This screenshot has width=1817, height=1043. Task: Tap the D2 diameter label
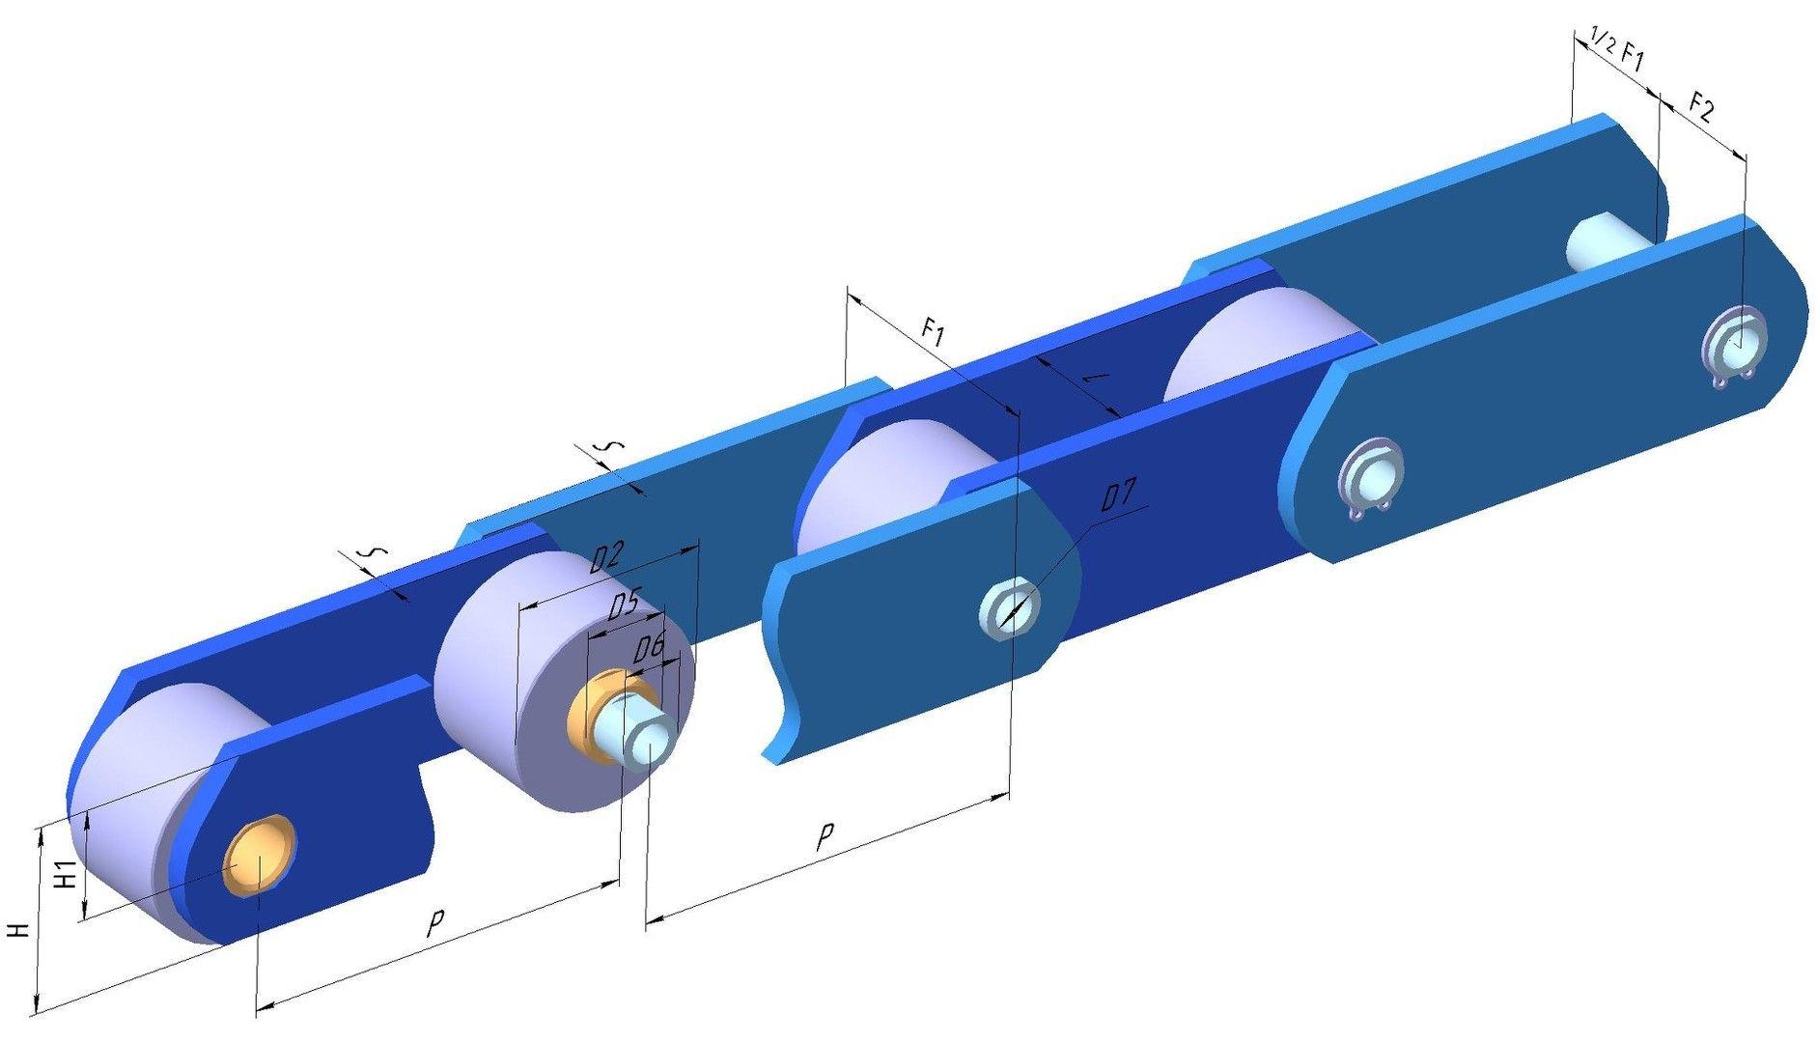[607, 557]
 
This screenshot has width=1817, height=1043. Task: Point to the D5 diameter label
[624, 606]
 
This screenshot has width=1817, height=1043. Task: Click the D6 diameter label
[649, 649]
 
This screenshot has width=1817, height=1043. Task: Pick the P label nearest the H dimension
[435, 924]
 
